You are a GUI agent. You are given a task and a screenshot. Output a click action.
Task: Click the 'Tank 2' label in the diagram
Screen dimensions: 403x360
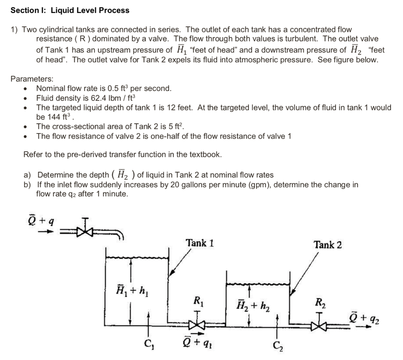click(x=327, y=245)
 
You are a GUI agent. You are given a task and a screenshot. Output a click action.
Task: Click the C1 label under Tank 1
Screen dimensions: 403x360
click(x=148, y=349)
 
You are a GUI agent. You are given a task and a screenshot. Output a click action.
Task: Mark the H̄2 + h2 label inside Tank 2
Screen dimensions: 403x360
click(x=252, y=304)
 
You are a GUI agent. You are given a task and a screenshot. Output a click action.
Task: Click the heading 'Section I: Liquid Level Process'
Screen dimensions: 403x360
click(x=70, y=10)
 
